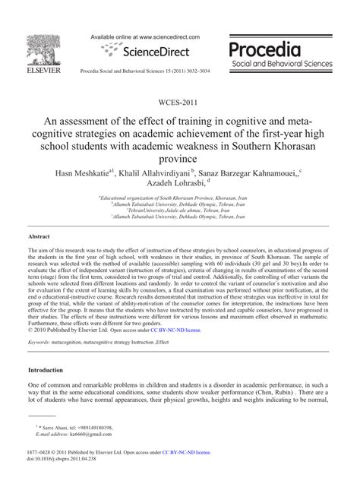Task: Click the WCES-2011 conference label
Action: coord(180,102)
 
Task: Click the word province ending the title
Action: coord(180,158)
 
